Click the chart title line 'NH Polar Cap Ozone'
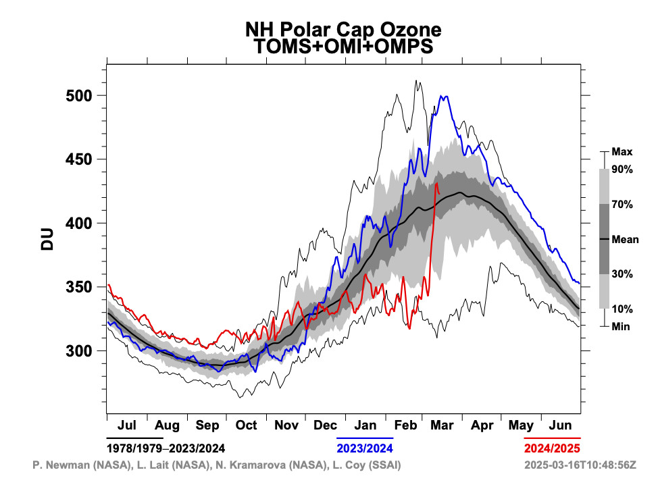(343, 30)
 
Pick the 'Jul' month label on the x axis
(127, 425)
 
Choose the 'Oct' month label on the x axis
(246, 425)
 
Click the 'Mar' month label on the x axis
(442, 425)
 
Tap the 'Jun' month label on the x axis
(561, 425)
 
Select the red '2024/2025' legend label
(552, 448)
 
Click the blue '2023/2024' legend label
(365, 448)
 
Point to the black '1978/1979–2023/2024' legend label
(166, 448)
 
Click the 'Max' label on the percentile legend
(622, 152)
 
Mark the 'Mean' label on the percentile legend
(625, 239)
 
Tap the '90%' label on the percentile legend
(622, 170)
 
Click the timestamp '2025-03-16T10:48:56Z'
(580, 465)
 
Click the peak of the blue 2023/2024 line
(443, 97)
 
